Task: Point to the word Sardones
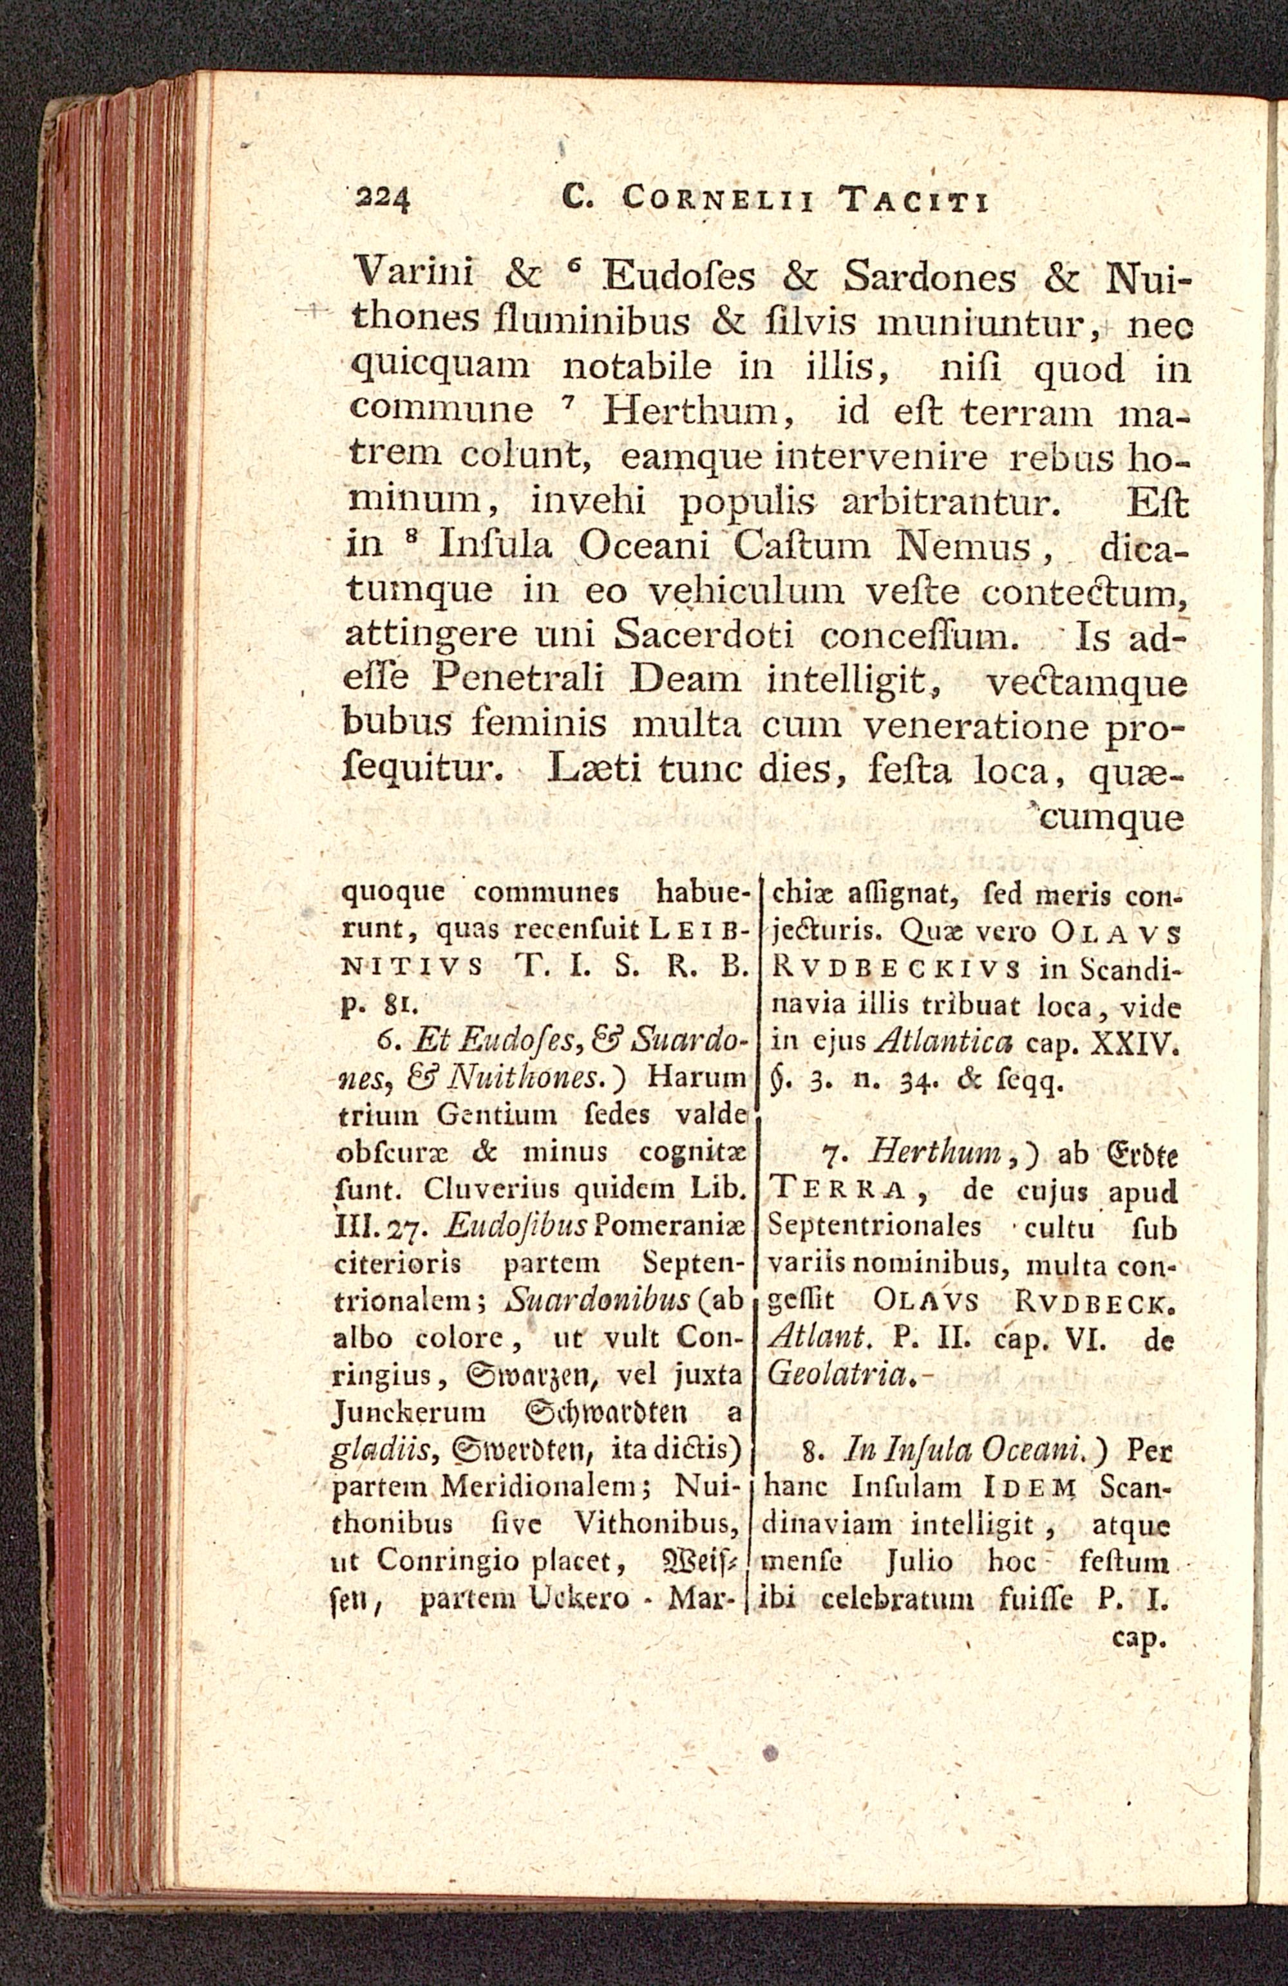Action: (930, 274)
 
